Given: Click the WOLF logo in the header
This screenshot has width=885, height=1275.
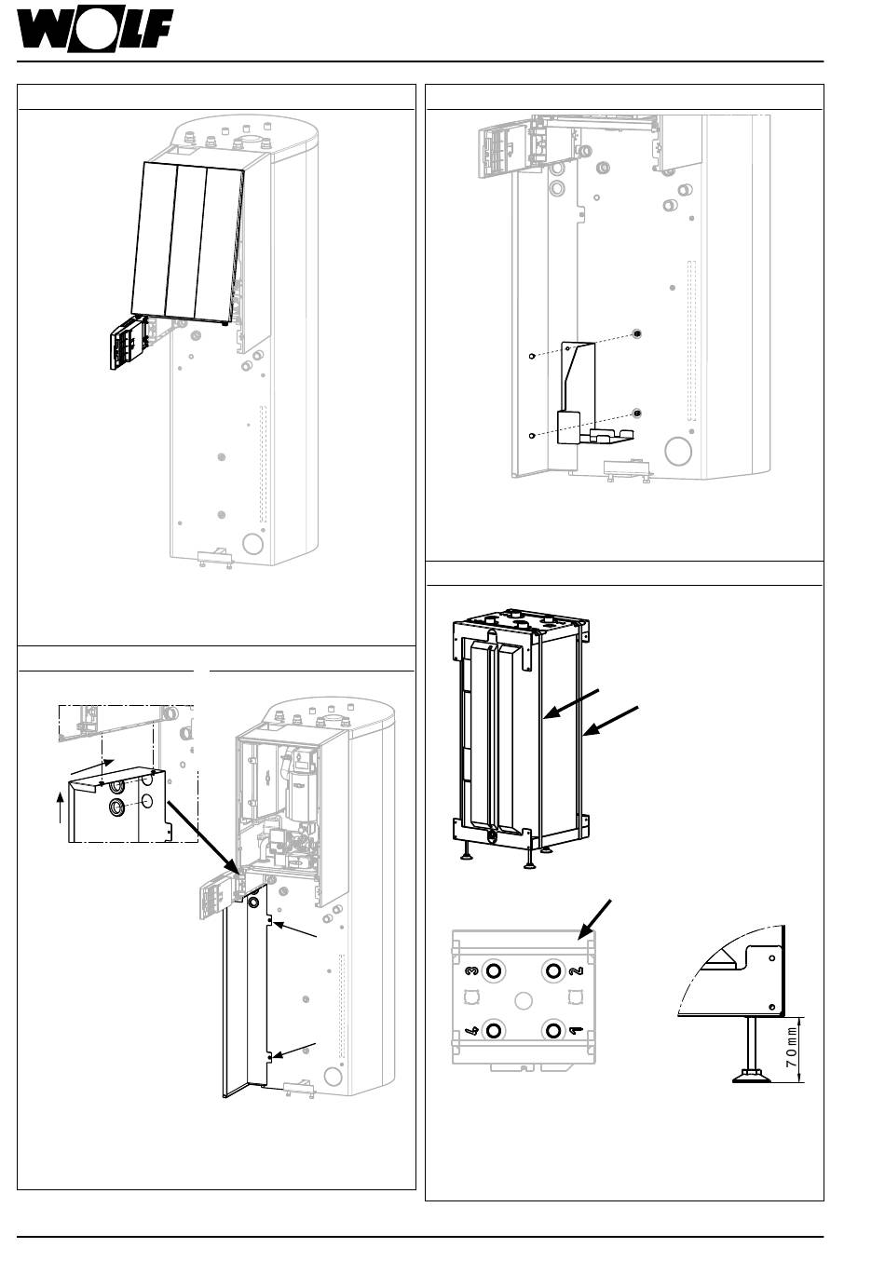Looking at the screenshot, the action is point(94,32).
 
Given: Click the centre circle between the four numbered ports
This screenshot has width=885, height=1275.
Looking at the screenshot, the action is point(523,1000).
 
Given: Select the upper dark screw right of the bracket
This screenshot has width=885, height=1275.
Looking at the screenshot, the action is point(637,333).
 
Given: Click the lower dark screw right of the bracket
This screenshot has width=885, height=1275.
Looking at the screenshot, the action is point(637,414).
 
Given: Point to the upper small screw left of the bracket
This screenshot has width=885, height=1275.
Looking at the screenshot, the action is point(531,357).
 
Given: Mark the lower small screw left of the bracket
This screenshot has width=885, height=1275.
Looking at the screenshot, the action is point(531,436).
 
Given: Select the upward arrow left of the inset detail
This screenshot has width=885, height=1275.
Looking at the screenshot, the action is point(61,808).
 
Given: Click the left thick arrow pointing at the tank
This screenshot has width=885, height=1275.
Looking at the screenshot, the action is point(570,704).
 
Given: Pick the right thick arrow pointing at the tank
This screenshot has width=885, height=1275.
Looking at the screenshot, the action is point(610,721).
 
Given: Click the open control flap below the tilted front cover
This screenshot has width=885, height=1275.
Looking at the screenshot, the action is point(129,345).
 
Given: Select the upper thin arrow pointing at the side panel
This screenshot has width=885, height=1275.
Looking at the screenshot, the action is point(294,930).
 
